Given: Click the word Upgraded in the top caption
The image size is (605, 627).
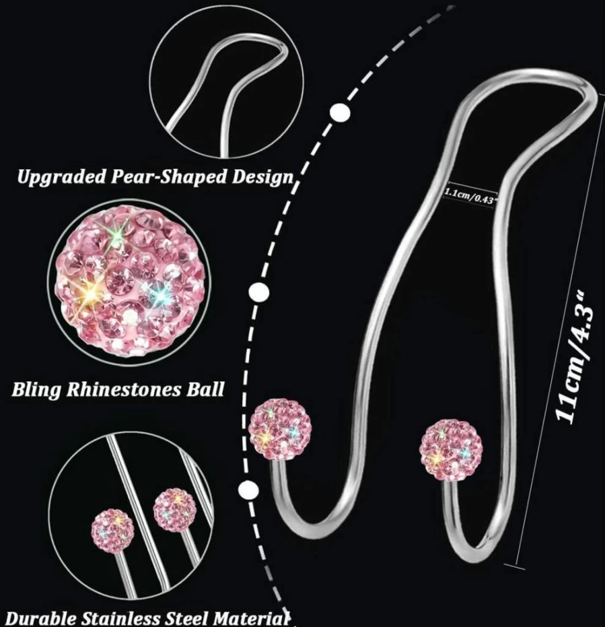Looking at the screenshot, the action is pyautogui.click(x=61, y=176).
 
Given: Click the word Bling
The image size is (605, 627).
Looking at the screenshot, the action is pyautogui.click(x=36, y=390).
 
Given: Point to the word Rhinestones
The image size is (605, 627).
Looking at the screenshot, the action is pyautogui.click(x=124, y=389).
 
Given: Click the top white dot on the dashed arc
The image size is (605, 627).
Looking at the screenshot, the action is pyautogui.click(x=340, y=113).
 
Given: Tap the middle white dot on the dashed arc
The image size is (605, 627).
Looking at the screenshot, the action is pyautogui.click(x=258, y=292).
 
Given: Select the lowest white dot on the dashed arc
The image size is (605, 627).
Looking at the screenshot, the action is pyautogui.click(x=248, y=489).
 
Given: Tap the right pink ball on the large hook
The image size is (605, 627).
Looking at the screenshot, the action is pyautogui.click(x=451, y=449).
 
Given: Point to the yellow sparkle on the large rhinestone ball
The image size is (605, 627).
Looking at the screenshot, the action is pyautogui.click(x=90, y=294).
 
